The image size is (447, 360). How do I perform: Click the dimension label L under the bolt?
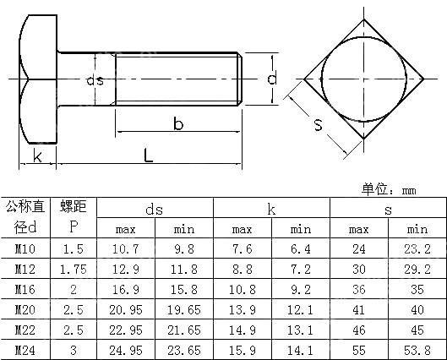(148, 155)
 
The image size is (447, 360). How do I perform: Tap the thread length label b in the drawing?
(178, 124)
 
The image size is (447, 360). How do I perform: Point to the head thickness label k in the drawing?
(37, 155)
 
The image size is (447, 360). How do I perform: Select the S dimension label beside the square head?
(318, 126)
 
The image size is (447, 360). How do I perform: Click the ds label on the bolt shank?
(95, 80)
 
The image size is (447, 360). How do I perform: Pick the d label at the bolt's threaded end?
(270, 79)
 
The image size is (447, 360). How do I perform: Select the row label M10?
(25, 248)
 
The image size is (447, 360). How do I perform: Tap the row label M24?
(25, 350)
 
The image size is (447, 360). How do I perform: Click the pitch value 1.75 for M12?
(74, 269)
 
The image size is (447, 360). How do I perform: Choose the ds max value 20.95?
(125, 309)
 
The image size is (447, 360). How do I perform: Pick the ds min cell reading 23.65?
(183, 350)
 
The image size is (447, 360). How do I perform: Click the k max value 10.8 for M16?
(242, 289)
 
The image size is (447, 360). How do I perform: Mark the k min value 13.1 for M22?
(300, 330)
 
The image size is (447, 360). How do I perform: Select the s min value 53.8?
(417, 350)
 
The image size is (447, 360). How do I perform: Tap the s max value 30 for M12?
(358, 269)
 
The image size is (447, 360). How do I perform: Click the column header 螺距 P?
(74, 216)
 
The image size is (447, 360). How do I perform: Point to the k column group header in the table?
(270, 208)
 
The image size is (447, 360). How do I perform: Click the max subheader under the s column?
(358, 229)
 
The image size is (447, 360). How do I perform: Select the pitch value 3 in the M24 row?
(74, 350)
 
